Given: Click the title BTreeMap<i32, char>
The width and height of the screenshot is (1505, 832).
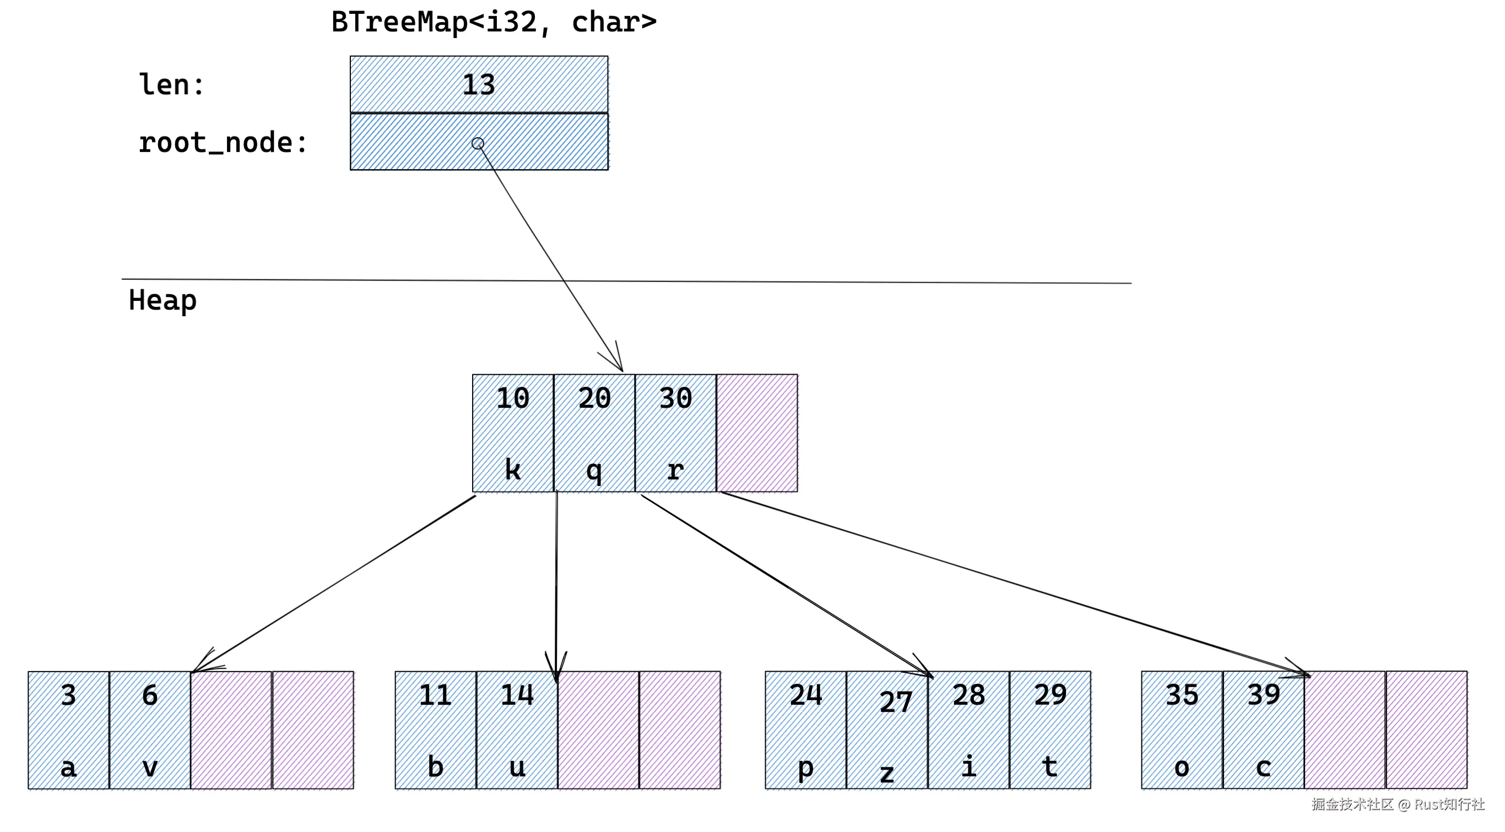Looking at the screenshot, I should click(494, 22).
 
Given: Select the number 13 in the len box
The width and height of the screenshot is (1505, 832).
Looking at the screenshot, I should click(479, 85).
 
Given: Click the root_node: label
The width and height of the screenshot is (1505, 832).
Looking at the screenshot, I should click(223, 143).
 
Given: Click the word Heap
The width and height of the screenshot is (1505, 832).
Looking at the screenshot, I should click(163, 300).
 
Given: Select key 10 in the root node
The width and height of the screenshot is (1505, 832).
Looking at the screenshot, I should click(512, 398).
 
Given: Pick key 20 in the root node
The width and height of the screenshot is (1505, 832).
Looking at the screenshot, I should click(594, 398).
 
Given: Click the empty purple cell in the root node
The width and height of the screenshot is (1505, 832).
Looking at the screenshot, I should click(756, 433).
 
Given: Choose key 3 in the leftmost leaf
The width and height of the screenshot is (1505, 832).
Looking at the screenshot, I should click(68, 695).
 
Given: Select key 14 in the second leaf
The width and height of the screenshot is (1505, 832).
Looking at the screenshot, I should click(517, 695).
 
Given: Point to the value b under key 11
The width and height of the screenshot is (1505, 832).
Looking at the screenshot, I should click(435, 766).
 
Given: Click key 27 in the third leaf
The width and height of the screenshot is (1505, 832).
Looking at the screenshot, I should click(895, 703).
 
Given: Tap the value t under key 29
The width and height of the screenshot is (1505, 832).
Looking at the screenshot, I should click(1050, 766).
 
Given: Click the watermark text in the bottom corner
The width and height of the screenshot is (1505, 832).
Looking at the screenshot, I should click(1398, 804).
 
